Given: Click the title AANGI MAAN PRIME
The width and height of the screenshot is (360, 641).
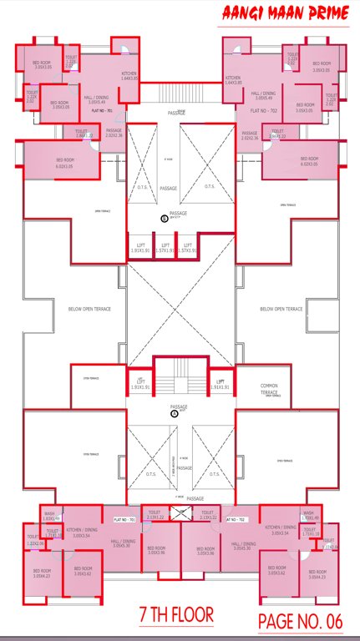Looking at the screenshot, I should (x=284, y=13).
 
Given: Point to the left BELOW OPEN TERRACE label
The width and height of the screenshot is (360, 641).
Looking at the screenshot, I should (x=89, y=309).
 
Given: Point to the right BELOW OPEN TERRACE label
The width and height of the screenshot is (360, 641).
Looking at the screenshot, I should (x=281, y=309).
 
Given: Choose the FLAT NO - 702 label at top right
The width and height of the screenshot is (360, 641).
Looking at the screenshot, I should (x=261, y=109).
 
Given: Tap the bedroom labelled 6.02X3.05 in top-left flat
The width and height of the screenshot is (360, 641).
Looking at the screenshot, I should (x=65, y=163).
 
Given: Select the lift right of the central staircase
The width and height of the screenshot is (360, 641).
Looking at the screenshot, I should (x=221, y=385).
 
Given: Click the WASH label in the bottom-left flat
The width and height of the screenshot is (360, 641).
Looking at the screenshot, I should (x=51, y=515).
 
